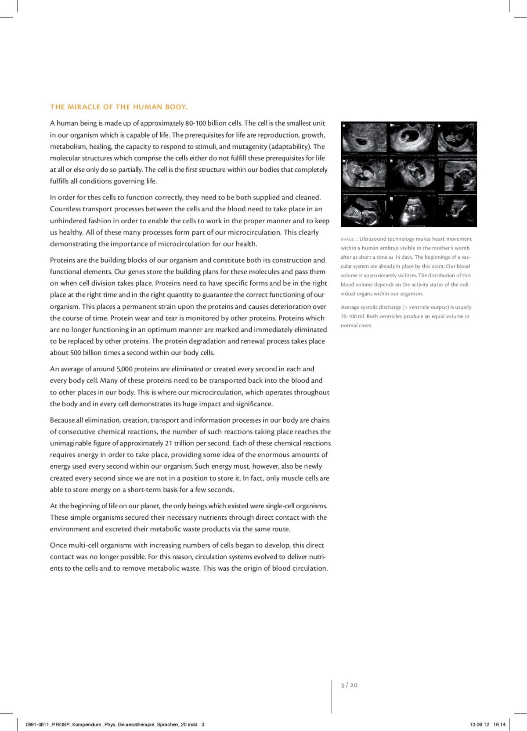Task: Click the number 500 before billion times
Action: tap(75, 353)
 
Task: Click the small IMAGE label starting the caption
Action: tap(347, 239)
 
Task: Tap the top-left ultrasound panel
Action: tap(364, 139)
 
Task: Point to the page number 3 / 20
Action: tap(349, 685)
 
